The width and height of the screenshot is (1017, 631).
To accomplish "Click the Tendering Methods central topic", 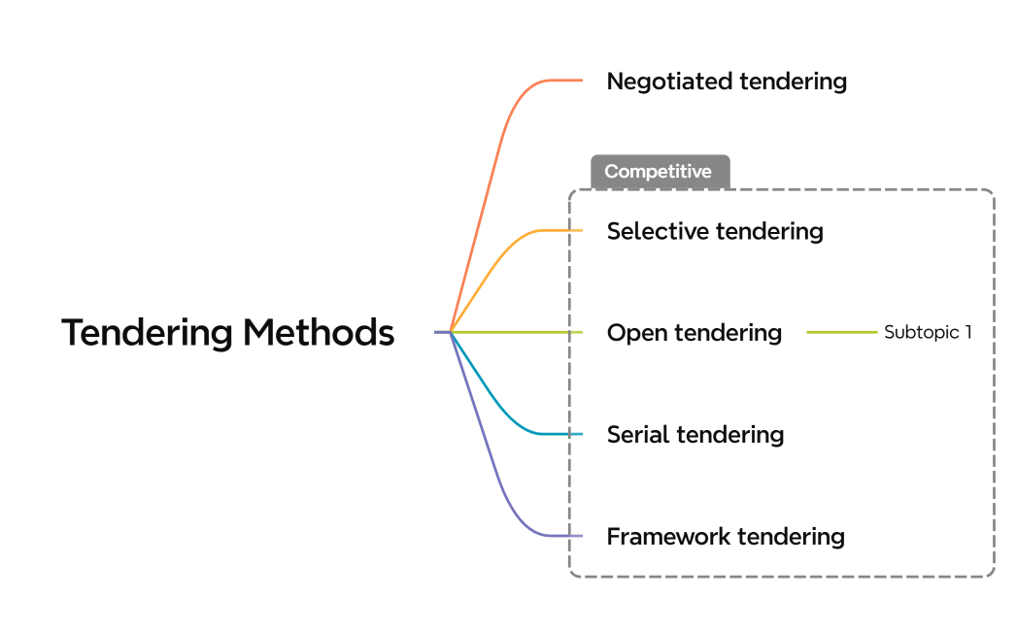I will tap(228, 333).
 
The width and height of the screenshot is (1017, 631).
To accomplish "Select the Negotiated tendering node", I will tap(727, 82).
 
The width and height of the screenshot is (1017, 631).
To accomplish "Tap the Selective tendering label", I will tap(715, 231).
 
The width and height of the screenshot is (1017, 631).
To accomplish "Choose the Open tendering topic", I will tap(694, 333).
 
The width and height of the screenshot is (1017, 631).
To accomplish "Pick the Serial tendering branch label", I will tap(695, 434).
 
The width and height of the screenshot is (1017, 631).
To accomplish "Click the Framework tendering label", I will tap(726, 536).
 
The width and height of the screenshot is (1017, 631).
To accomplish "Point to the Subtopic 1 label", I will tap(927, 332).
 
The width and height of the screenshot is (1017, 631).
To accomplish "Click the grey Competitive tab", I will tap(659, 172).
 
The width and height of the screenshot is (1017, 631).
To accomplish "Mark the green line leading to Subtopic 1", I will tap(841, 332).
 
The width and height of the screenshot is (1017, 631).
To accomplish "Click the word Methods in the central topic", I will tap(319, 333).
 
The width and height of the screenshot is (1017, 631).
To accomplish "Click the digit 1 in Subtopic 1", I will tap(967, 332).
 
